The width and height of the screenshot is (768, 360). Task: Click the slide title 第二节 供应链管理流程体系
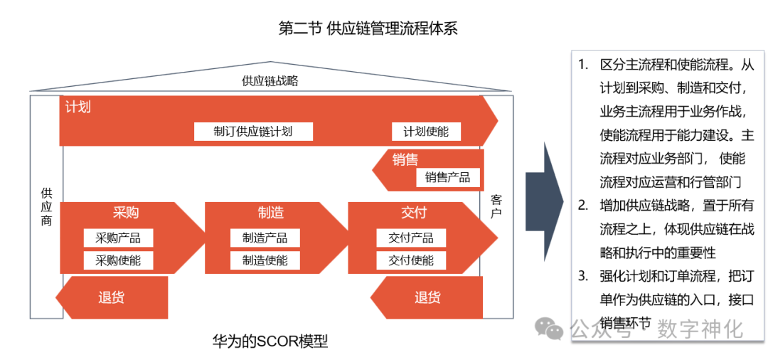click(368, 28)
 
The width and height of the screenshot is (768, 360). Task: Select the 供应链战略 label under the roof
click(270, 80)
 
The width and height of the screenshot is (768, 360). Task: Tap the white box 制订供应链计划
click(252, 132)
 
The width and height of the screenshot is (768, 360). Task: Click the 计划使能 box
click(426, 132)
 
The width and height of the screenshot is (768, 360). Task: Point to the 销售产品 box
click(448, 178)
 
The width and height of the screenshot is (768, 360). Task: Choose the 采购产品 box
click(118, 238)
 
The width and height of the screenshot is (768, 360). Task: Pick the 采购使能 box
click(118, 260)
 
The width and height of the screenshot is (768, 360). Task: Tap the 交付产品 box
click(411, 238)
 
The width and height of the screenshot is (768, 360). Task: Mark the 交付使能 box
click(411, 260)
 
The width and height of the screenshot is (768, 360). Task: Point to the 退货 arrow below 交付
click(427, 297)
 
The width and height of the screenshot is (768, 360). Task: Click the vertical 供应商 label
click(46, 206)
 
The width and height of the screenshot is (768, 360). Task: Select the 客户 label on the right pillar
click(496, 206)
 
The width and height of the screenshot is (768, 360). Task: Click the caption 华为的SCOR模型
click(270, 341)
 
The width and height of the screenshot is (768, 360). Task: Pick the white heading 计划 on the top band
click(78, 108)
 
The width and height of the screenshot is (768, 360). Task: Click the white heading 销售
click(405, 159)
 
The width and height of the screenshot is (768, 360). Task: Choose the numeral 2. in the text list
click(583, 206)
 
